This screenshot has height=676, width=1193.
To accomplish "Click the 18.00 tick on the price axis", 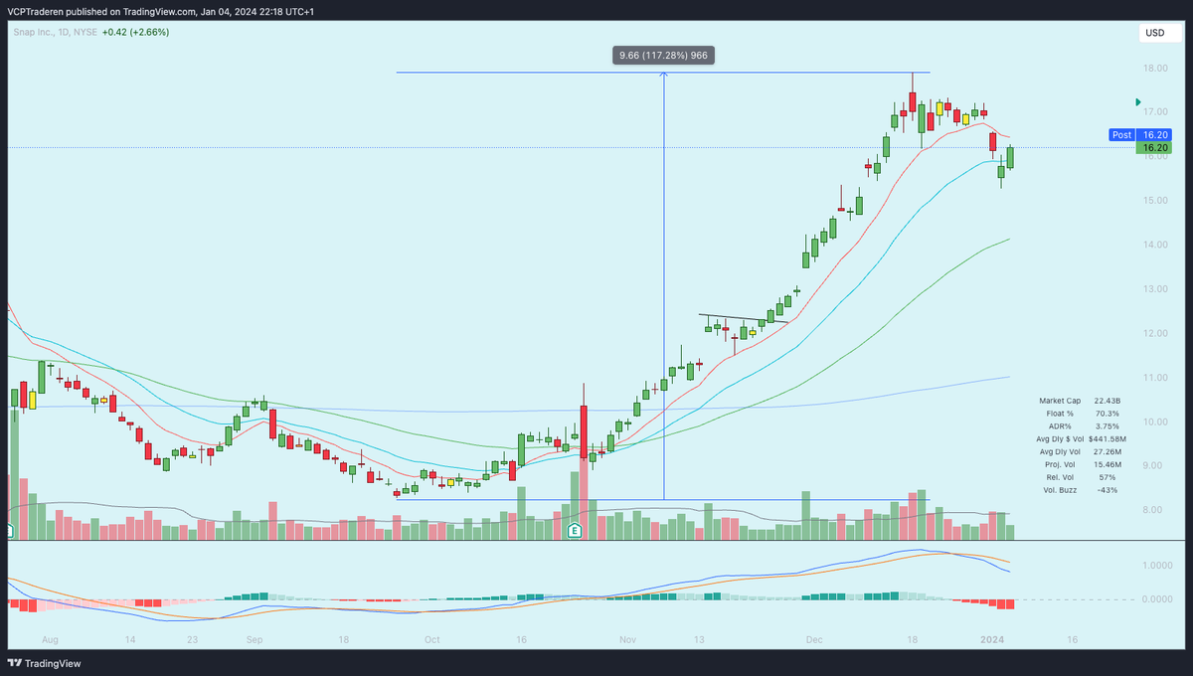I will pyautogui.click(x=1154, y=69).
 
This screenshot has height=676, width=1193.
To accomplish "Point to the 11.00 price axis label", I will pyautogui.click(x=1154, y=378).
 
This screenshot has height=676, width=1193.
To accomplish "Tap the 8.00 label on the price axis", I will pyautogui.click(x=1154, y=510).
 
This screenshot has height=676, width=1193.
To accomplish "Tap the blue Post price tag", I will pyautogui.click(x=1121, y=134).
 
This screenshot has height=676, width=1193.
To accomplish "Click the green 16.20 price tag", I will pyautogui.click(x=1155, y=148).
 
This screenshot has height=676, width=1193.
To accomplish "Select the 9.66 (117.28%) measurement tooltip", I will pyautogui.click(x=663, y=56).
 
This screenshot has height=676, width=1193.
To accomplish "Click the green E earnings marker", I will pyautogui.click(x=575, y=532).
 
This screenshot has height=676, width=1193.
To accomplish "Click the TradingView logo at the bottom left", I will pyautogui.click(x=45, y=663).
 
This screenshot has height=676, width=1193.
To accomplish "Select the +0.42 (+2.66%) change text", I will pyautogui.click(x=136, y=32).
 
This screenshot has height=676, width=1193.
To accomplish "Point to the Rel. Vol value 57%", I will pyautogui.click(x=1108, y=477).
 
